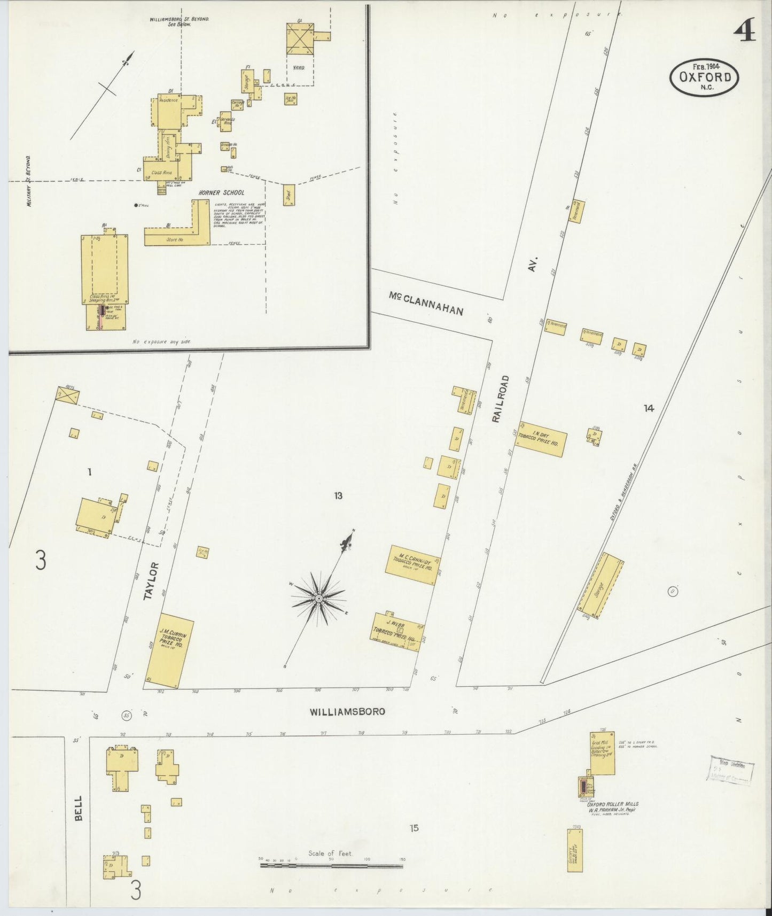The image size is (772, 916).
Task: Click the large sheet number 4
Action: click(x=744, y=33)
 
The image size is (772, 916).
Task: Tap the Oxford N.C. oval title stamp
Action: click(x=705, y=78)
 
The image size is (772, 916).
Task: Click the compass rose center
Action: click(x=318, y=598)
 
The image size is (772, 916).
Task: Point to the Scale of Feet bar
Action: click(x=331, y=865)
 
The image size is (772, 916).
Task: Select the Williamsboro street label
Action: click(x=348, y=712)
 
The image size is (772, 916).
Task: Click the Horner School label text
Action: click(x=221, y=192)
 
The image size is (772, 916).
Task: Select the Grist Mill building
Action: click(x=602, y=753)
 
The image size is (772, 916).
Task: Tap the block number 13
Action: click(x=338, y=496)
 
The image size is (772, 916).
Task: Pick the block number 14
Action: click(x=648, y=408)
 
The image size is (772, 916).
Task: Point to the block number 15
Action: click(x=414, y=828)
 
